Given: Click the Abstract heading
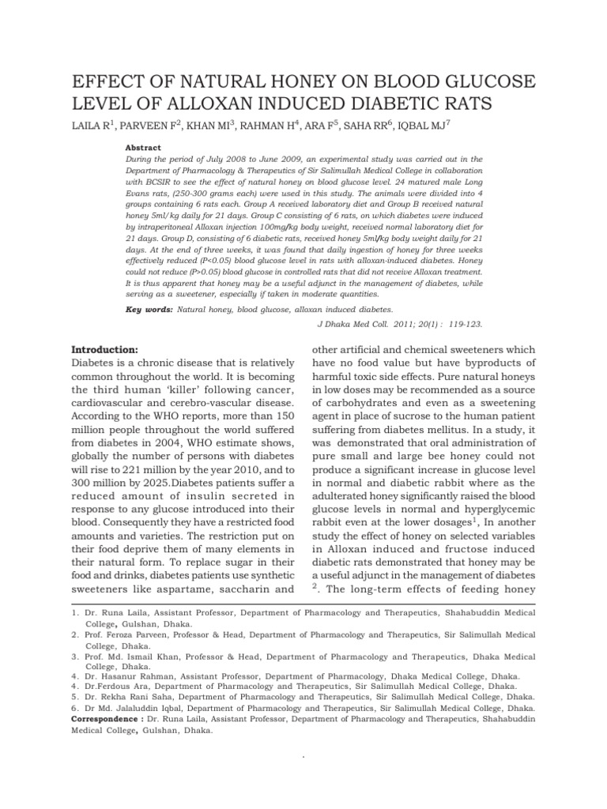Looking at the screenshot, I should coord(143,148).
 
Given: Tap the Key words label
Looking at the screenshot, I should coord(149,310).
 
